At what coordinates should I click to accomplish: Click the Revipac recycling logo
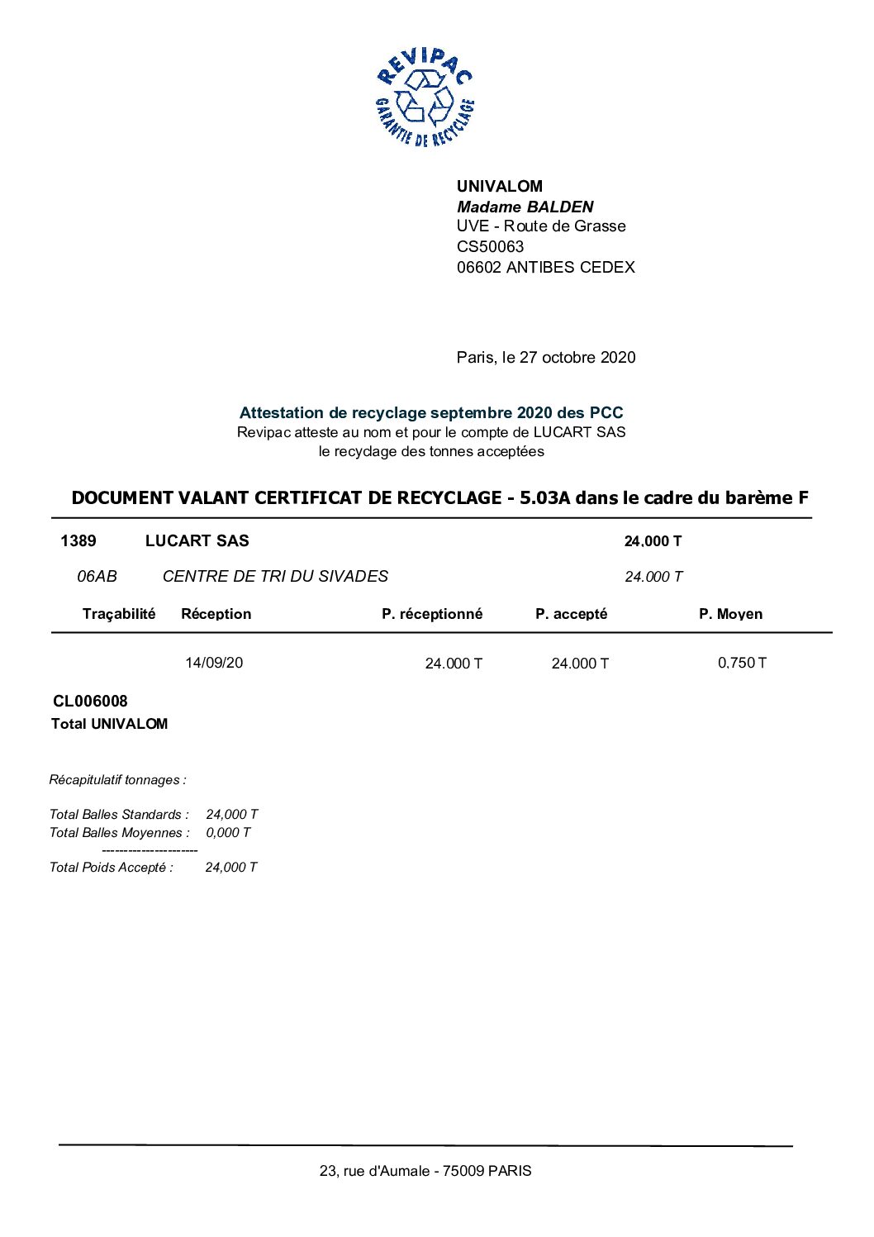[425, 98]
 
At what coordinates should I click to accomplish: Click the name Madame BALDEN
[525, 207]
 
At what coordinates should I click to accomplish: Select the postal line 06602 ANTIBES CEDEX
[545, 267]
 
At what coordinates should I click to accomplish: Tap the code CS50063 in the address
[490, 246]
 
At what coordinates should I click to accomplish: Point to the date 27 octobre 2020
[577, 357]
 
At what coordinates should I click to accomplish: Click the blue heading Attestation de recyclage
[430, 412]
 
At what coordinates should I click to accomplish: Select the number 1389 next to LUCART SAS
[78, 541]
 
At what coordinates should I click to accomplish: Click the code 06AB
[97, 577]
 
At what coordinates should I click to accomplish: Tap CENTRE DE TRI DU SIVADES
[275, 577]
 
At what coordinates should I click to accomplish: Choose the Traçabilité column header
[118, 614]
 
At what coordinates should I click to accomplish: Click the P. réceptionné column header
[431, 614]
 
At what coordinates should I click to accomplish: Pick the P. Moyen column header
[730, 614]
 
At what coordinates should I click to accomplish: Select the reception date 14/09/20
[214, 663]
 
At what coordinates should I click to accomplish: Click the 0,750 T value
[742, 663]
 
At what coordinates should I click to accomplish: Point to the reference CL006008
[90, 702]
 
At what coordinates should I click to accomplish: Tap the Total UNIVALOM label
[109, 724]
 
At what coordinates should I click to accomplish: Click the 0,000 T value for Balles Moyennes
[228, 833]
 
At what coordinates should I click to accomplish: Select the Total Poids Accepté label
[111, 868]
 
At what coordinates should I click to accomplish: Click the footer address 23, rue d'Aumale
[425, 1171]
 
